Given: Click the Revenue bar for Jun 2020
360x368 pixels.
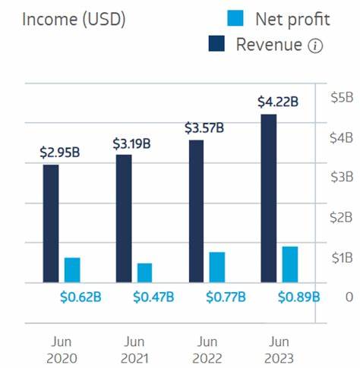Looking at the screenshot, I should click(x=51, y=223).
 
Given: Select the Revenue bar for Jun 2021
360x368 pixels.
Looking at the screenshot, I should click(x=124, y=219).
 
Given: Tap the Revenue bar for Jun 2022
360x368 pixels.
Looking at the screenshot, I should click(x=196, y=211).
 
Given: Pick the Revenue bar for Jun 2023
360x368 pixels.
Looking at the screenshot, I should click(x=268, y=198).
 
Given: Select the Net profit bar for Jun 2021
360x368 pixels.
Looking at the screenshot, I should click(x=144, y=273).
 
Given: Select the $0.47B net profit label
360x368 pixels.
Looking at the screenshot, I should click(x=153, y=296).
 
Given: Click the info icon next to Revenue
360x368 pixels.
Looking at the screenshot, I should click(x=315, y=46).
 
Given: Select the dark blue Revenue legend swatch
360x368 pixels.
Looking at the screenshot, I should click(x=218, y=45).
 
